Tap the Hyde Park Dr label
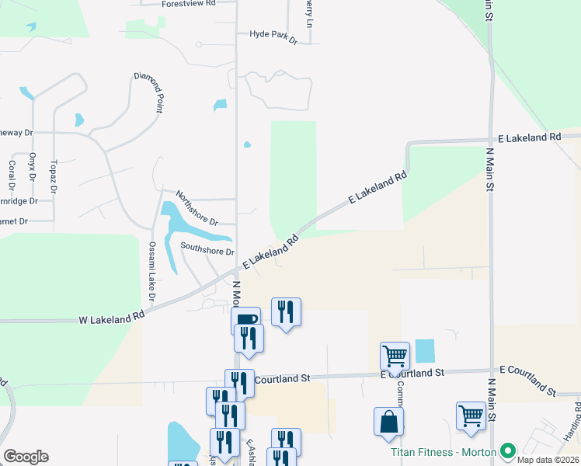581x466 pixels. click(273, 35)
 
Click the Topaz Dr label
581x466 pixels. click(53, 177)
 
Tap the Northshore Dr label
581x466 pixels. click(197, 207)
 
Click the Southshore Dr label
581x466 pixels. click(207, 251)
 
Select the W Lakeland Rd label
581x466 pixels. click(112, 318)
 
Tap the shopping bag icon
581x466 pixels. click(388, 423)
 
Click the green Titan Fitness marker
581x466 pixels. click(509, 450)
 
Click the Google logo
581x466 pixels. click(26, 457)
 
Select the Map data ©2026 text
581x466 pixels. click(548, 460)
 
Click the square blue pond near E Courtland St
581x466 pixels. click(425, 351)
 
